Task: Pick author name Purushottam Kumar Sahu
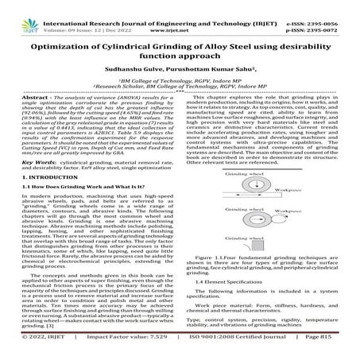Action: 203,63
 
